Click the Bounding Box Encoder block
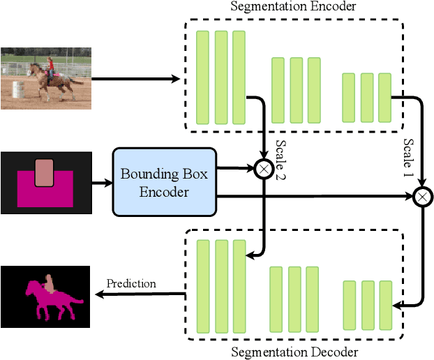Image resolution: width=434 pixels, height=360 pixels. coord(165,181)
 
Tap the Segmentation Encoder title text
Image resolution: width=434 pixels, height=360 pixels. coord(293,7)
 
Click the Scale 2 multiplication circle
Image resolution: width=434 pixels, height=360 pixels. coord(264,169)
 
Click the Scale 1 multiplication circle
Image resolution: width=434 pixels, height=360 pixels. coord(422,197)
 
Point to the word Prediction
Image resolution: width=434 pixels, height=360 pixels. coord(131,283)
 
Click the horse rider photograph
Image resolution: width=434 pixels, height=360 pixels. coord(46,78)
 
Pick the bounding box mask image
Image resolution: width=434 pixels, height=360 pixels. coord(46,181)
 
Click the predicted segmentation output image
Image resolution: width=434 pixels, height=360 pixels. coord(46,297)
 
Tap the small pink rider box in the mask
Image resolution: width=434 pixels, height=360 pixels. coord(44,172)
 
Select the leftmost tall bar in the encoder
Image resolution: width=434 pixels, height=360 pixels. coord(203,76)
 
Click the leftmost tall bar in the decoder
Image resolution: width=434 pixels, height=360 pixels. coord(203,285)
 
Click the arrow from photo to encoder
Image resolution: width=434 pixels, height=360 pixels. coord(136,79)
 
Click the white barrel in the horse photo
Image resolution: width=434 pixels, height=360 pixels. coord(17,89)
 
